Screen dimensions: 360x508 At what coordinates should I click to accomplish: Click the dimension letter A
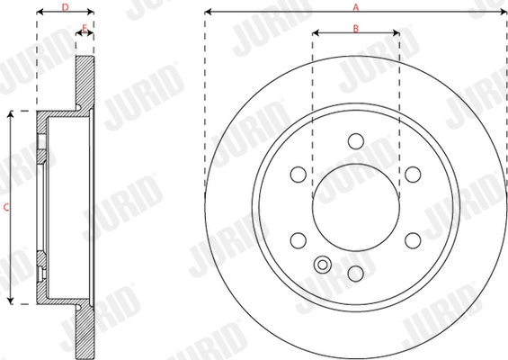[356, 6]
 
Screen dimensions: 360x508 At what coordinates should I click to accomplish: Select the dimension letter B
[356, 29]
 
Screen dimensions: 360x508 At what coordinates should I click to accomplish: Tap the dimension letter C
[6, 206]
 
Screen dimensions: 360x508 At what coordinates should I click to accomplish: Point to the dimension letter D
[64, 6]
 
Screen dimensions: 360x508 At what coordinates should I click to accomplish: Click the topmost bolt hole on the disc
[356, 141]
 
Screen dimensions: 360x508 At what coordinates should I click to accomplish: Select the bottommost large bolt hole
[356, 273]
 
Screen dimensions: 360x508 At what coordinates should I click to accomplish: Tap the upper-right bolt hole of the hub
[413, 175]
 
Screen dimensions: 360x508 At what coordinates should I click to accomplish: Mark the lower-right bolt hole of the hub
[413, 240]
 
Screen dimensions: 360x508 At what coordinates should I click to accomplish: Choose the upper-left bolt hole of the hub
[299, 175]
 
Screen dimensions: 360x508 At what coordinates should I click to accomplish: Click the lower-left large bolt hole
[299, 240]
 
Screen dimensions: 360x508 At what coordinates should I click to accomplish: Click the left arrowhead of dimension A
[208, 13]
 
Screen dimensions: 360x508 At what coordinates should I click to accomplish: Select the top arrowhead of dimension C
[12, 114]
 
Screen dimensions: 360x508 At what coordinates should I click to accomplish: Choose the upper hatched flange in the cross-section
[84, 85]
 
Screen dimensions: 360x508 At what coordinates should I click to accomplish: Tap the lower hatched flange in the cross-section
[84, 328]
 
